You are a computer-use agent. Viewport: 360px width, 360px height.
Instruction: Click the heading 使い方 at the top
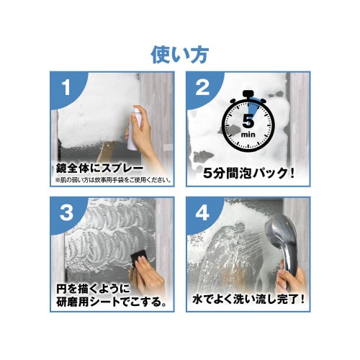click(180, 54)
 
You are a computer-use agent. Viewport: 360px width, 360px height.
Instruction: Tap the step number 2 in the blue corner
click(203, 89)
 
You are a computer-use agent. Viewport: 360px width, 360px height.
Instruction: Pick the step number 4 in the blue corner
click(203, 214)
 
